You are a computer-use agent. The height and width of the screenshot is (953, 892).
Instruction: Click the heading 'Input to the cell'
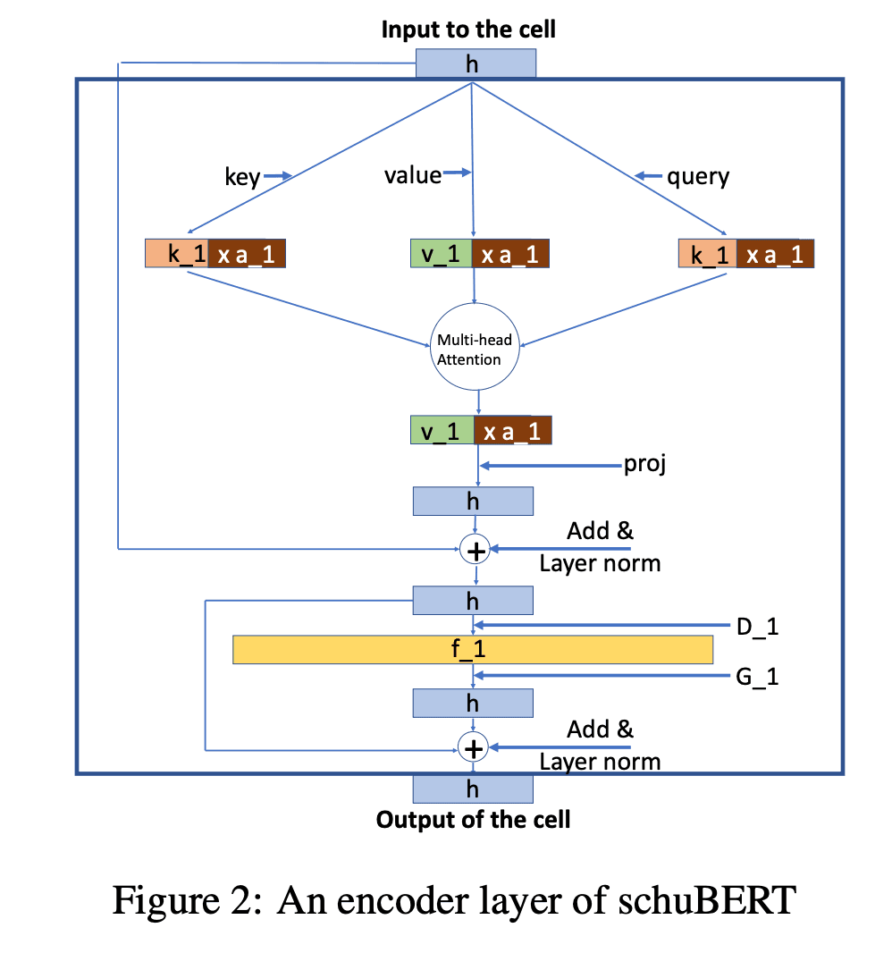[468, 30]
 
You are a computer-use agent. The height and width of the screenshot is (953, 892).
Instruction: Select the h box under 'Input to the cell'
[475, 63]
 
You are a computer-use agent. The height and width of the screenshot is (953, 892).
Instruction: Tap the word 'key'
[241, 177]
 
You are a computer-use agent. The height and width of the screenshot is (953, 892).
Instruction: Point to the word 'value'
[412, 175]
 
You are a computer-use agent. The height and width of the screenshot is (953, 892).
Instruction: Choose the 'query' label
[698, 176]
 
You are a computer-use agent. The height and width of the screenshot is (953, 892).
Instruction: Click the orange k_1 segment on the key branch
[176, 254]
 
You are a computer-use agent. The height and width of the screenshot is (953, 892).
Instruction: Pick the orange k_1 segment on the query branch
[709, 254]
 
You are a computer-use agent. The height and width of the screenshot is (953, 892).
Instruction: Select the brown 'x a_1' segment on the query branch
[776, 254]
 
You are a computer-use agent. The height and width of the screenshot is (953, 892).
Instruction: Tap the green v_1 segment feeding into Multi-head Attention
[441, 254]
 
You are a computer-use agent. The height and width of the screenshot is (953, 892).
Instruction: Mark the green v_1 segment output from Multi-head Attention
[441, 431]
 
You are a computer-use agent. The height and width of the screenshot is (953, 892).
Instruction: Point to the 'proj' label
[644, 465]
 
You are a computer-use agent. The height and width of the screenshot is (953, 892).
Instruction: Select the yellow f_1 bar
[473, 649]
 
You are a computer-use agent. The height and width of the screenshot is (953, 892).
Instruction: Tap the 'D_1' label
[757, 626]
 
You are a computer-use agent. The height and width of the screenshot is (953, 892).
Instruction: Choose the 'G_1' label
[757, 677]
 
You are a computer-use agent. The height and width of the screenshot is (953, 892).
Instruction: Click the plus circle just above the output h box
[473, 747]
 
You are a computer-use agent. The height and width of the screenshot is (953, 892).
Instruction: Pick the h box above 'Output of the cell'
[473, 789]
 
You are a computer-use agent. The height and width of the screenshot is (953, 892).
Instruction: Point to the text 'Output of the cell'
[473, 819]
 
